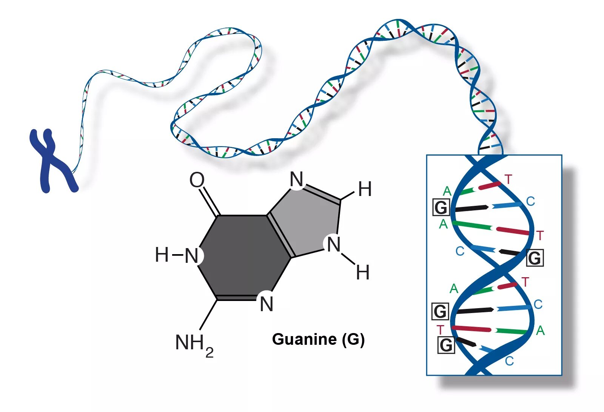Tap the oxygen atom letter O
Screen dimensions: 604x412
197,180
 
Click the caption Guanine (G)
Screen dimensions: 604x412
318,339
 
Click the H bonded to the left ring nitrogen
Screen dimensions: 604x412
162,255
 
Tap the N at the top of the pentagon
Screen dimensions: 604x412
297,179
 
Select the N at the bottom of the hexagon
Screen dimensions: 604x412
267,304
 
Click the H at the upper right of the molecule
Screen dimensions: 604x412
365,189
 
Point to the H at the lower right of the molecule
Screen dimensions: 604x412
363,273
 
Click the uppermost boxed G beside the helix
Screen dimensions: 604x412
441,207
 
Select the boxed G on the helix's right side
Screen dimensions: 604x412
535,258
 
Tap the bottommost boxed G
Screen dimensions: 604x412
446,345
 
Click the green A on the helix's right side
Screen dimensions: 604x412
540,331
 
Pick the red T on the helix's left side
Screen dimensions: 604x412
440,330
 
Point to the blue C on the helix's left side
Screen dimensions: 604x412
460,251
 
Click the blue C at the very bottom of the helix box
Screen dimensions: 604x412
509,361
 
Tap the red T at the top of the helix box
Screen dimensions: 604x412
508,179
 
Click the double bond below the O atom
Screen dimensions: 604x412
210,201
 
